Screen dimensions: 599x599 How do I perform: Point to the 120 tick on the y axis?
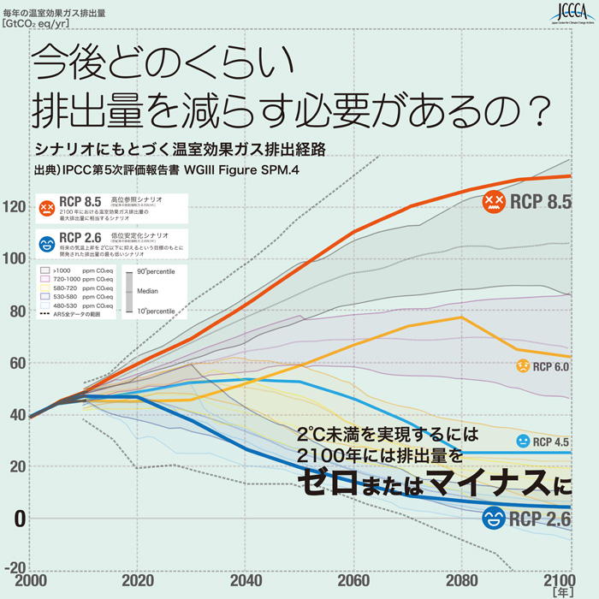15,206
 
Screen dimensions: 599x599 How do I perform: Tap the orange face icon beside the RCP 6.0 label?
520,366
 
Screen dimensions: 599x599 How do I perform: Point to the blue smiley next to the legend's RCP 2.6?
47,244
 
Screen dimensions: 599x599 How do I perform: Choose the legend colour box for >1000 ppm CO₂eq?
46,270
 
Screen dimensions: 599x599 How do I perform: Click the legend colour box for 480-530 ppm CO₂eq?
46,305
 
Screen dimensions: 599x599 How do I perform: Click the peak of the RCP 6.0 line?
462,317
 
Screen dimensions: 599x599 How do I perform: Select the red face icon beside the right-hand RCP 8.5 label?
493,202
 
